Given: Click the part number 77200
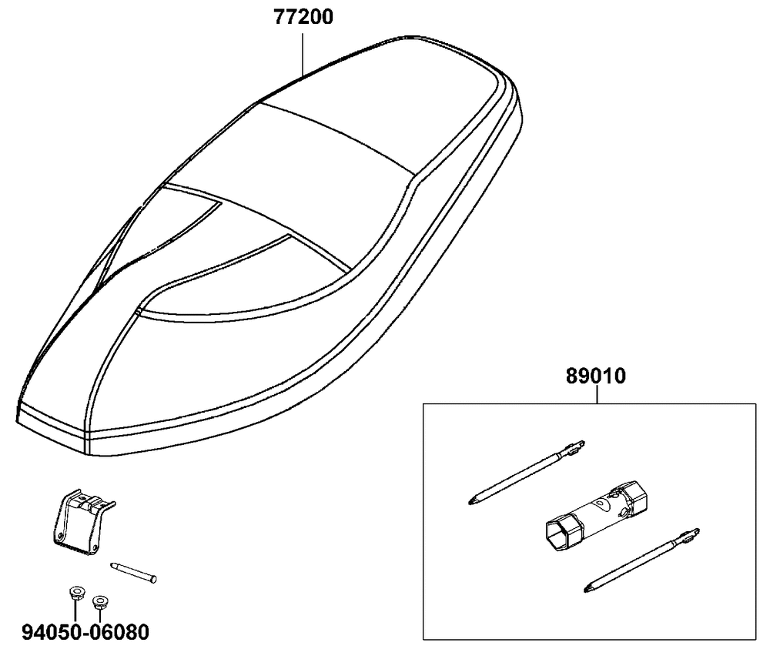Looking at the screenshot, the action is (303, 17).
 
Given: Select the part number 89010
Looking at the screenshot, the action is (596, 376).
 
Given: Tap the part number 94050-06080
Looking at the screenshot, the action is (85, 632).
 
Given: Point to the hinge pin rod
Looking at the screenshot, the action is (133, 572).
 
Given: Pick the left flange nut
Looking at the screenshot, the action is (75, 592).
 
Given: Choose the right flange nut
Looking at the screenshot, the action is (100, 602).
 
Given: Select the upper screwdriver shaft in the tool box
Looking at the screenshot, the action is (526, 473).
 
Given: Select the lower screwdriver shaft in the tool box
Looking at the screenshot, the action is (642, 560).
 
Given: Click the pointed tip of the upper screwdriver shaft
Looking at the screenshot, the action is (470, 503).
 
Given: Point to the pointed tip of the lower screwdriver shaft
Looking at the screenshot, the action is (586, 590).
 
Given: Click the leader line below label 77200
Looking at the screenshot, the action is (303, 54).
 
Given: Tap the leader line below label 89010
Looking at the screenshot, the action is (597, 395).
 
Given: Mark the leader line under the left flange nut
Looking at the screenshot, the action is (75, 610).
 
